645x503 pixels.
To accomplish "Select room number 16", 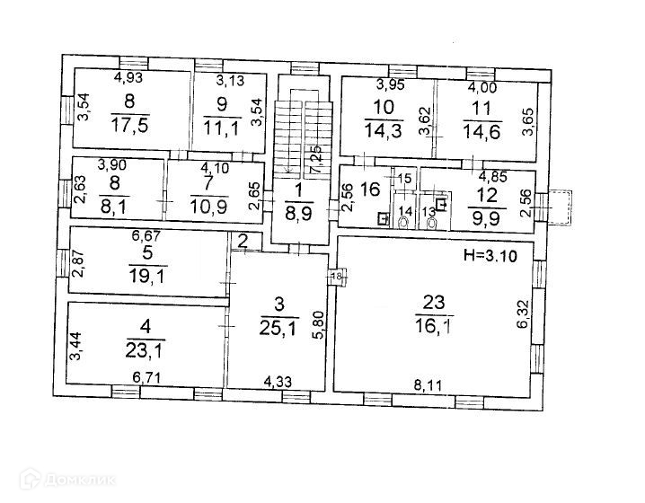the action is point(368,190).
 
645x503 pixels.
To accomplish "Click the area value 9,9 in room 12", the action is point(485,216).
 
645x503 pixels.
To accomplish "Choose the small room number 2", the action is point(243,240).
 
